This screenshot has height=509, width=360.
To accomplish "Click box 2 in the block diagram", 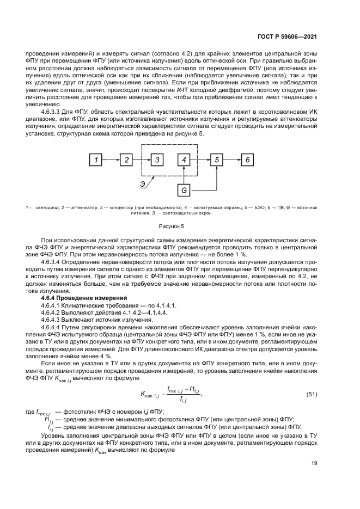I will click(126, 160).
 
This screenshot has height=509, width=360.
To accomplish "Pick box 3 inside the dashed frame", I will click(157, 160).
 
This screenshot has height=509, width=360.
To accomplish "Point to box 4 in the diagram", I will click(185, 160).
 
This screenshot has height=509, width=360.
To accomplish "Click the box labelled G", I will click(185, 190).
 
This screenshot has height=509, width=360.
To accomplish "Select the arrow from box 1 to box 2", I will click(112, 160).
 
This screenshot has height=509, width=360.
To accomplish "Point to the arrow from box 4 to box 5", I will click(200, 160).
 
